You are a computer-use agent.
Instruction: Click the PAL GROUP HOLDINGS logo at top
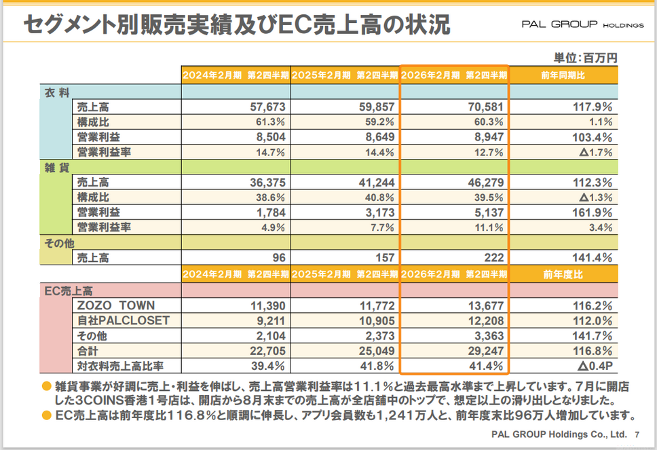point(582,24)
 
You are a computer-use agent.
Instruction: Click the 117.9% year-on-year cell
point(593,107)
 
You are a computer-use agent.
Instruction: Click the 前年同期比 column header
point(564,75)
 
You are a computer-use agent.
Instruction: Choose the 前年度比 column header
point(564,275)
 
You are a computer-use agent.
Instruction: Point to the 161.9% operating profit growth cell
point(593,212)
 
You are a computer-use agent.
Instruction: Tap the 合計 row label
point(88,351)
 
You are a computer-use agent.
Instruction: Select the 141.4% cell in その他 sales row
point(593,258)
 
